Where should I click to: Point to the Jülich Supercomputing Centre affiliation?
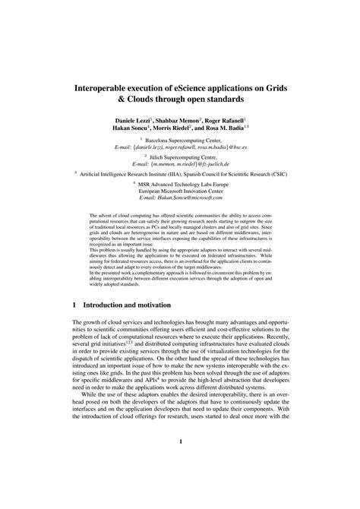click(x=182, y=160)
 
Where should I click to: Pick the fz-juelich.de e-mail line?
click(x=179, y=166)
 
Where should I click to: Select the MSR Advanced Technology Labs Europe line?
click(x=182, y=188)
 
